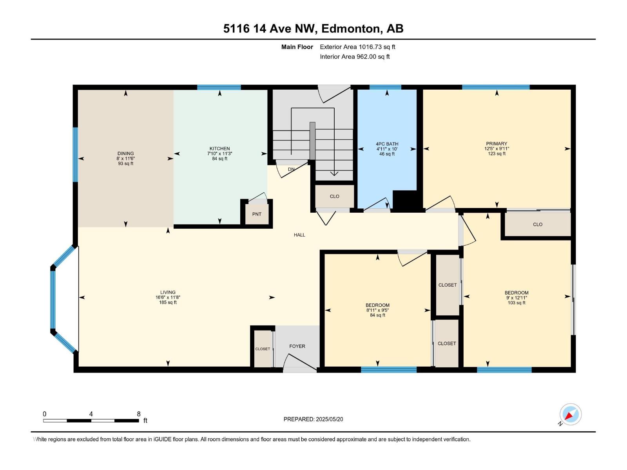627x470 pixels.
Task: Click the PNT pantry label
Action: [x=257, y=214]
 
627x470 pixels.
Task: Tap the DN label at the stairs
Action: [x=291, y=169]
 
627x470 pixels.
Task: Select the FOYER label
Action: [x=297, y=346]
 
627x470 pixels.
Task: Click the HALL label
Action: [x=299, y=235]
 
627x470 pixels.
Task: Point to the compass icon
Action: [x=571, y=414]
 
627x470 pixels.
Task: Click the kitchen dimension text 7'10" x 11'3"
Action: [x=220, y=154]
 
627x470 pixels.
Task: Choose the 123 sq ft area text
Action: [x=497, y=154]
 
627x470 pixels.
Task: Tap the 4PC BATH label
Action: [x=387, y=144]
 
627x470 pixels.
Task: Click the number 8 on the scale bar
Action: [x=139, y=414]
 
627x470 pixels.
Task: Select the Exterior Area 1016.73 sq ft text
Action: [x=357, y=47]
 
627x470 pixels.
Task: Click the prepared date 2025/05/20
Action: [x=329, y=419]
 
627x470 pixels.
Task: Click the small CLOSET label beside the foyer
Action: [x=263, y=349]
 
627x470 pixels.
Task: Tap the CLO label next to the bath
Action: [x=335, y=196]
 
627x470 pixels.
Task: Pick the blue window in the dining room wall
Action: [x=75, y=154]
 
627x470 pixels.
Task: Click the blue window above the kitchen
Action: [x=219, y=87]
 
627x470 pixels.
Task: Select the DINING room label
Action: [x=125, y=154]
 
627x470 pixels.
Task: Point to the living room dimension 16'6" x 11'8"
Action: [x=168, y=297]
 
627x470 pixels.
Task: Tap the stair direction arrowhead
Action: [x=334, y=174]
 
